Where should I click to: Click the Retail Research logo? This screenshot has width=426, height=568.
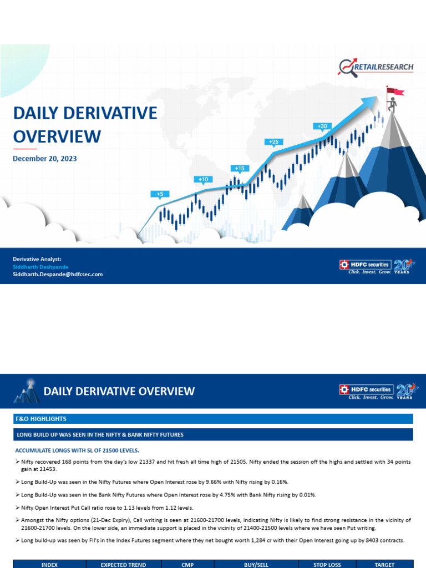click(376, 67)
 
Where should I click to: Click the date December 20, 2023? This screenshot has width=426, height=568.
click(45, 159)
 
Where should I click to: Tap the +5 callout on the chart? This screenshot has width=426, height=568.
click(160, 194)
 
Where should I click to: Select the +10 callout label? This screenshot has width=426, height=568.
click(203, 179)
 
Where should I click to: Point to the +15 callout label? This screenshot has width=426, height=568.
click(240, 168)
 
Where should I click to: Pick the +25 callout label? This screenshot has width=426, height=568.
click(273, 142)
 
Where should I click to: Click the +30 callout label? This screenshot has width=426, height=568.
click(322, 126)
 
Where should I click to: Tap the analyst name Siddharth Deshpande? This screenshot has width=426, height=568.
click(40, 267)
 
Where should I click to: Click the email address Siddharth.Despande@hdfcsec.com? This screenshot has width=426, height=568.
click(58, 274)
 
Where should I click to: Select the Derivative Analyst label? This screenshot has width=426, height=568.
click(33, 259)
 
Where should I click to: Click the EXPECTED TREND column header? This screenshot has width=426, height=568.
click(123, 565)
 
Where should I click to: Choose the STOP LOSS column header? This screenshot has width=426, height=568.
click(327, 565)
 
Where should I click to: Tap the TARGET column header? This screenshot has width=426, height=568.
click(384, 565)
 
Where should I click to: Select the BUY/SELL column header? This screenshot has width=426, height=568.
click(256, 565)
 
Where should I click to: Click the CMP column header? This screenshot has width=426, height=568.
click(187, 565)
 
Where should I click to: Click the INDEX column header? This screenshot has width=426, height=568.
click(50, 565)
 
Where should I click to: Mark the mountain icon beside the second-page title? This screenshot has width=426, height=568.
click(26, 391)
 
